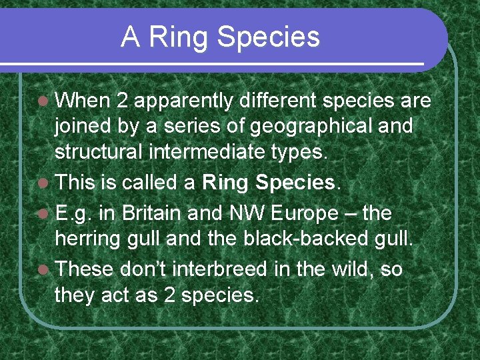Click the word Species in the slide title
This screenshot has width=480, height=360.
(269, 39)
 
